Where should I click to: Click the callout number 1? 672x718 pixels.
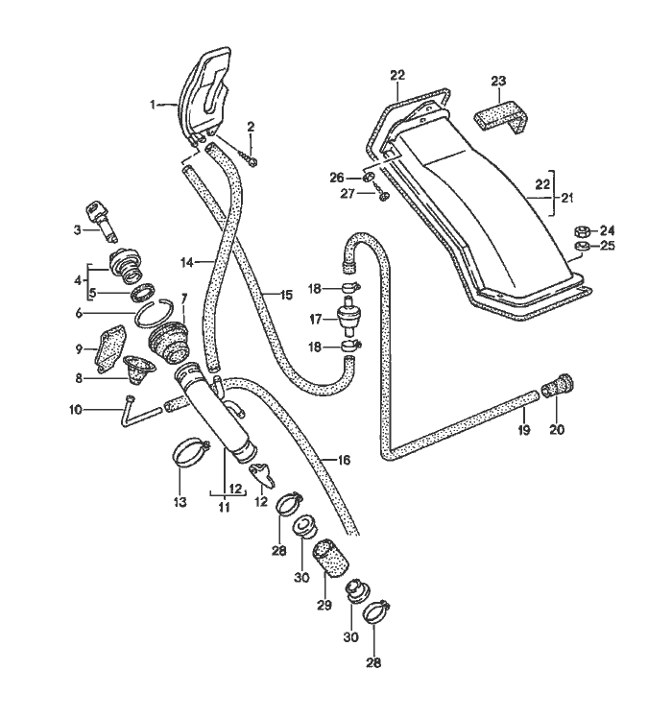click(x=152, y=104)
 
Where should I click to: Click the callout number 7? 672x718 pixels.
click(x=183, y=299)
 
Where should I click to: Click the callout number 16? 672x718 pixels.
click(x=344, y=461)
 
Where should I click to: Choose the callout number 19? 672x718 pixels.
click(x=524, y=431)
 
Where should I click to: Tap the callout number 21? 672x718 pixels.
click(x=567, y=198)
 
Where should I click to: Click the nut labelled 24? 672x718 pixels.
click(x=581, y=230)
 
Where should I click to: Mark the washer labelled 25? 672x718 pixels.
click(x=581, y=249)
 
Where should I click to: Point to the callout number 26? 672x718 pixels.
click(x=336, y=178)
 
